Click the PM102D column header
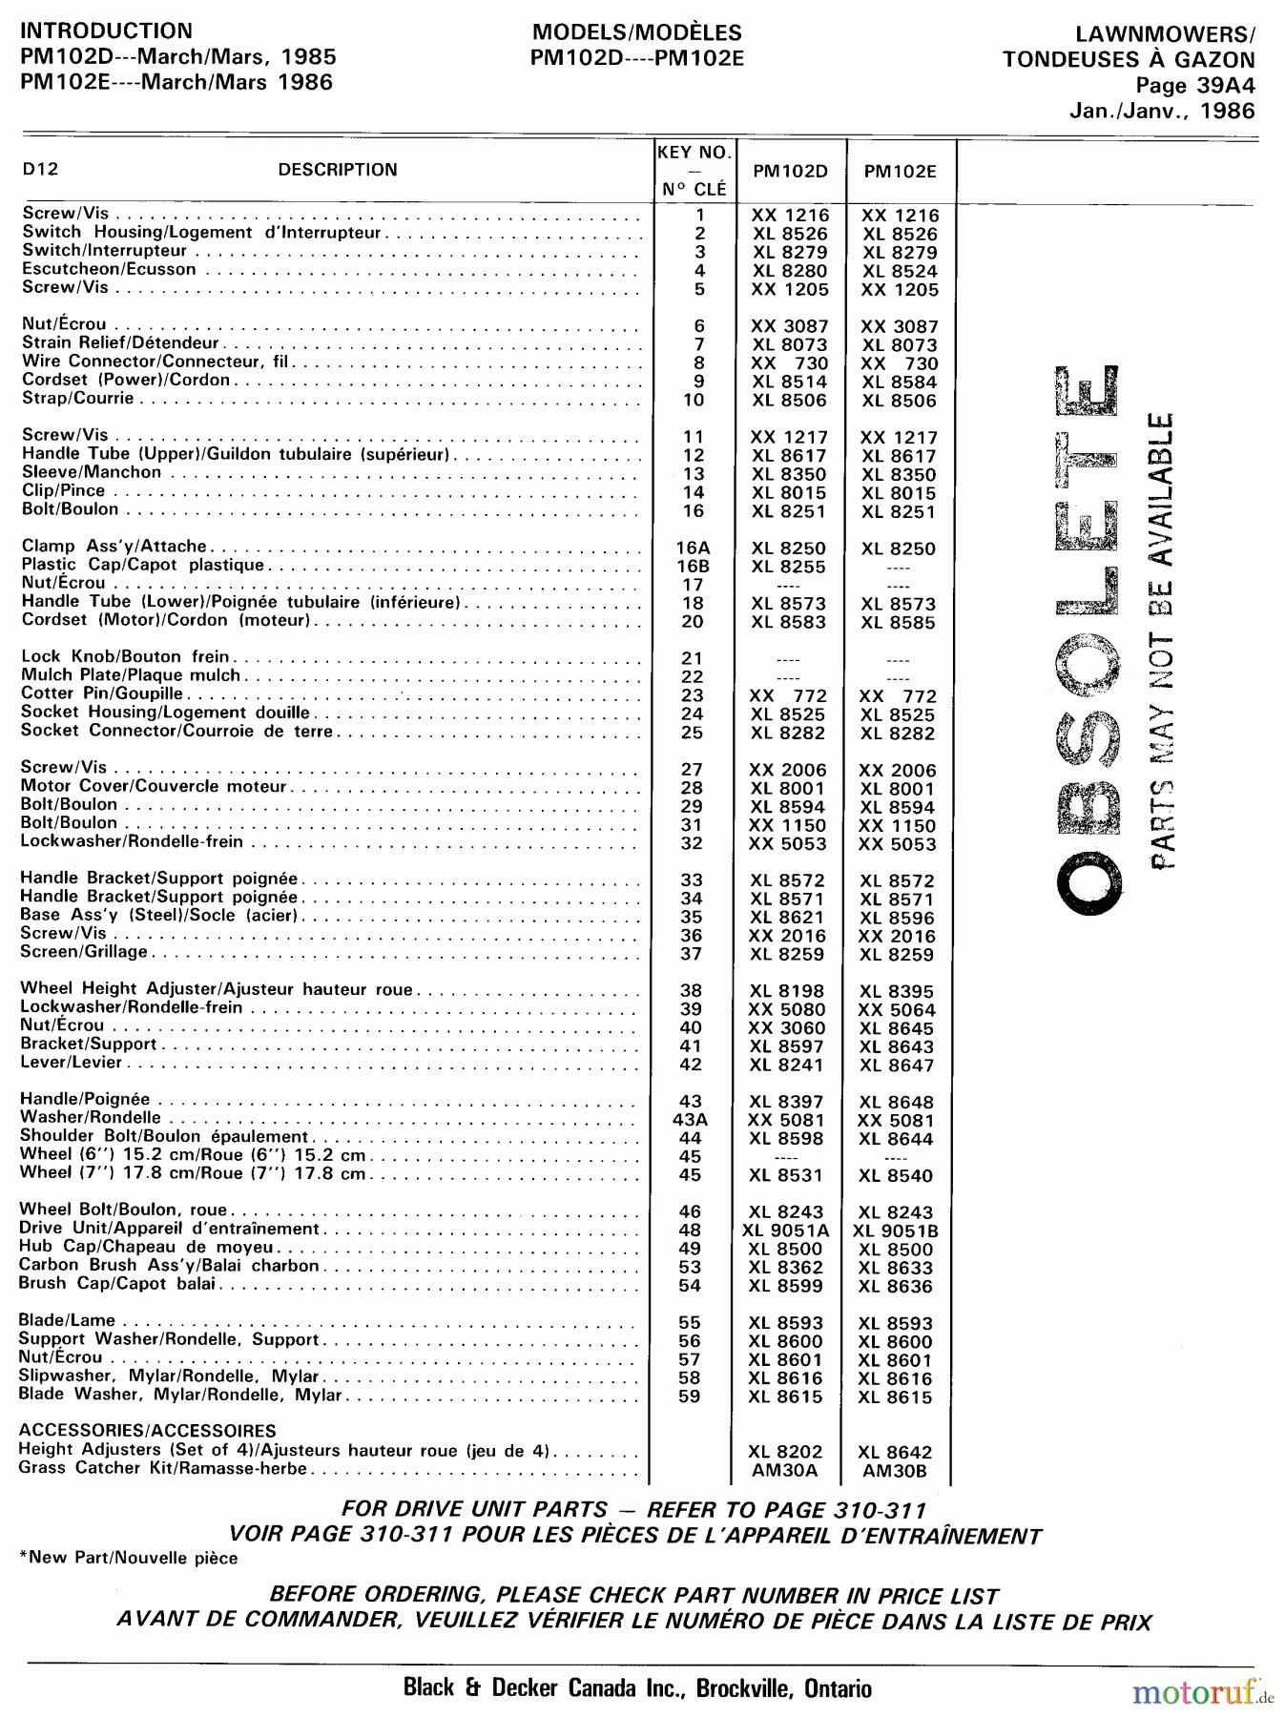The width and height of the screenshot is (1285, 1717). tap(790, 172)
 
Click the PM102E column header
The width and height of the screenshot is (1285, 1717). tap(900, 172)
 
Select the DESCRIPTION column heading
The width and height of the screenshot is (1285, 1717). tap(338, 170)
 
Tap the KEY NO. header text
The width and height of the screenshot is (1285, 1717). tap(694, 153)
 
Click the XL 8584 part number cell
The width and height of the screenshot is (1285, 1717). tap(900, 383)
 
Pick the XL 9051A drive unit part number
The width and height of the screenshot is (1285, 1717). tap(786, 1231)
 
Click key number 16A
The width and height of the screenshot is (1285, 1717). tap(694, 548)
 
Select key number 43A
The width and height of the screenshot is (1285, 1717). tap(691, 1120)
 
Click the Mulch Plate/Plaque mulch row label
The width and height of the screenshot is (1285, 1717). tap(131, 675)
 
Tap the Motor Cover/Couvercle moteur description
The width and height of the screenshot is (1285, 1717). tap(154, 786)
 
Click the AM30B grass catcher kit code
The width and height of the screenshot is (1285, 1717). tap(894, 1471)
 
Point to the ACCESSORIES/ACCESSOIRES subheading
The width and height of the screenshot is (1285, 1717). tap(147, 1431)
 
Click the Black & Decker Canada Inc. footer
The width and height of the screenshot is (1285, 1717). tap(637, 1687)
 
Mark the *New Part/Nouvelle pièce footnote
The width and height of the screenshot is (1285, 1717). tap(129, 1558)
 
